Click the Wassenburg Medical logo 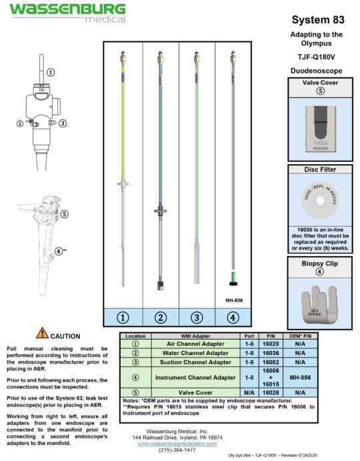point(67,12)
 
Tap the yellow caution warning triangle point(43,334)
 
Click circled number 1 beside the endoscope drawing point(51,72)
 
